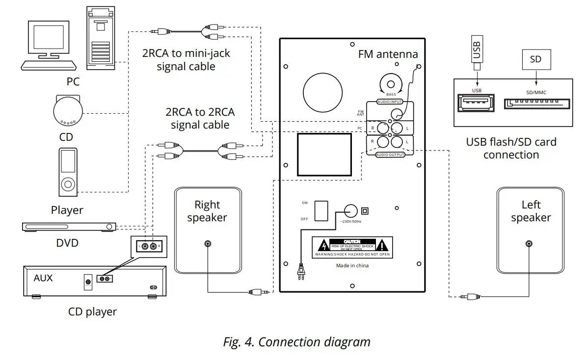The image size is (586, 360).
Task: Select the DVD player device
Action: click(69, 227)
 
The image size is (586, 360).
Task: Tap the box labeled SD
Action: click(535, 59)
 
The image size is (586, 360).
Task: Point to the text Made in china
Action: click(352, 266)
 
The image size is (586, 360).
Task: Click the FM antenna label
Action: click(388, 54)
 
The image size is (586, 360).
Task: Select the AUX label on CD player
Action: click(43, 278)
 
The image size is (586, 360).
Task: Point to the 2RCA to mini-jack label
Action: click(186, 60)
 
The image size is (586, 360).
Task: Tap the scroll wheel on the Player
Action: click(68, 185)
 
